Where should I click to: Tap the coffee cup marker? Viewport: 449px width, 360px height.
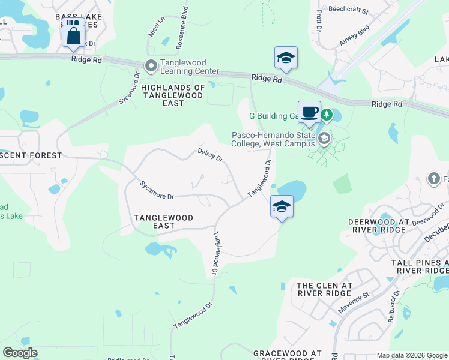click(309, 112)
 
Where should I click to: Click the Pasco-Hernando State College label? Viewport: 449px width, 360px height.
click(273, 139)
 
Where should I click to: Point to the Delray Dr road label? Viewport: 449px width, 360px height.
click(210, 155)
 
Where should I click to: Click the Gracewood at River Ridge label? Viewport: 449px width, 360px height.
click(288, 354)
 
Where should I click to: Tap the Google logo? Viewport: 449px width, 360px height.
click(20, 353)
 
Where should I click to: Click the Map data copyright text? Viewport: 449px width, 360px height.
click(412, 355)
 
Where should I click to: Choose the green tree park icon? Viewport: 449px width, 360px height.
click(326, 114)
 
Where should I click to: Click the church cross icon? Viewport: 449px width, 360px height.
click(434, 178)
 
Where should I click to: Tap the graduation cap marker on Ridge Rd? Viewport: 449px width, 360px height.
click(286, 58)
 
